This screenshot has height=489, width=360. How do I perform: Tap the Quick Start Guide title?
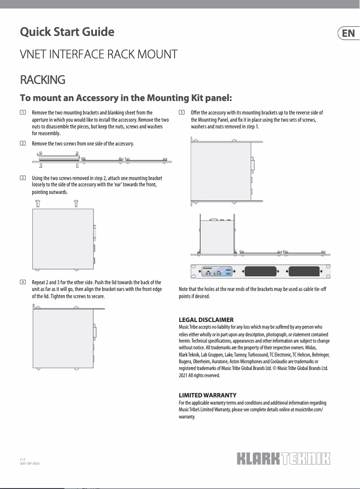pos(67,32)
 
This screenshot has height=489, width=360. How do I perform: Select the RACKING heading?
pos(43,80)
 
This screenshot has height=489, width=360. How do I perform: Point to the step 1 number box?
pos(22,112)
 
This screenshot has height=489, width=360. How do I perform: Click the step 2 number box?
pos(22,143)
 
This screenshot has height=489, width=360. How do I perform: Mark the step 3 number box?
pos(22,178)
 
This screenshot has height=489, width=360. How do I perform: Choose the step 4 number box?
pos(22,282)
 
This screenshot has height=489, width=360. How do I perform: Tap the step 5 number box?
pos(181,112)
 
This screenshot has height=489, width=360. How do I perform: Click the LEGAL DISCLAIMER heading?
pos(206,320)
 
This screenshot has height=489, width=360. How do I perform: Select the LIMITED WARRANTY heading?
pos(207,395)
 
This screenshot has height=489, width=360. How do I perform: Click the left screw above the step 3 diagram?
pos(38,203)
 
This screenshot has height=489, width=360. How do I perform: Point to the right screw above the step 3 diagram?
pos(76,203)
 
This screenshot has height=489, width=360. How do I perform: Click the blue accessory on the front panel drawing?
pos(217,271)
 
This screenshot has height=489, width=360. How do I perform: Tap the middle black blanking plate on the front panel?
pos(259,271)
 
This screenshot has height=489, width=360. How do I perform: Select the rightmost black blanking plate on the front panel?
pos(305,271)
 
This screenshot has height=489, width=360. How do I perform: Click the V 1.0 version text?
pos(22,460)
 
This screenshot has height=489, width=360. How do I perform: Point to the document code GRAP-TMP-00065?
pos(30,463)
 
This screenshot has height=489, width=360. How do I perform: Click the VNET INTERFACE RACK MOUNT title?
pos(99,55)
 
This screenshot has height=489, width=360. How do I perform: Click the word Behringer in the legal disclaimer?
pos(319,354)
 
